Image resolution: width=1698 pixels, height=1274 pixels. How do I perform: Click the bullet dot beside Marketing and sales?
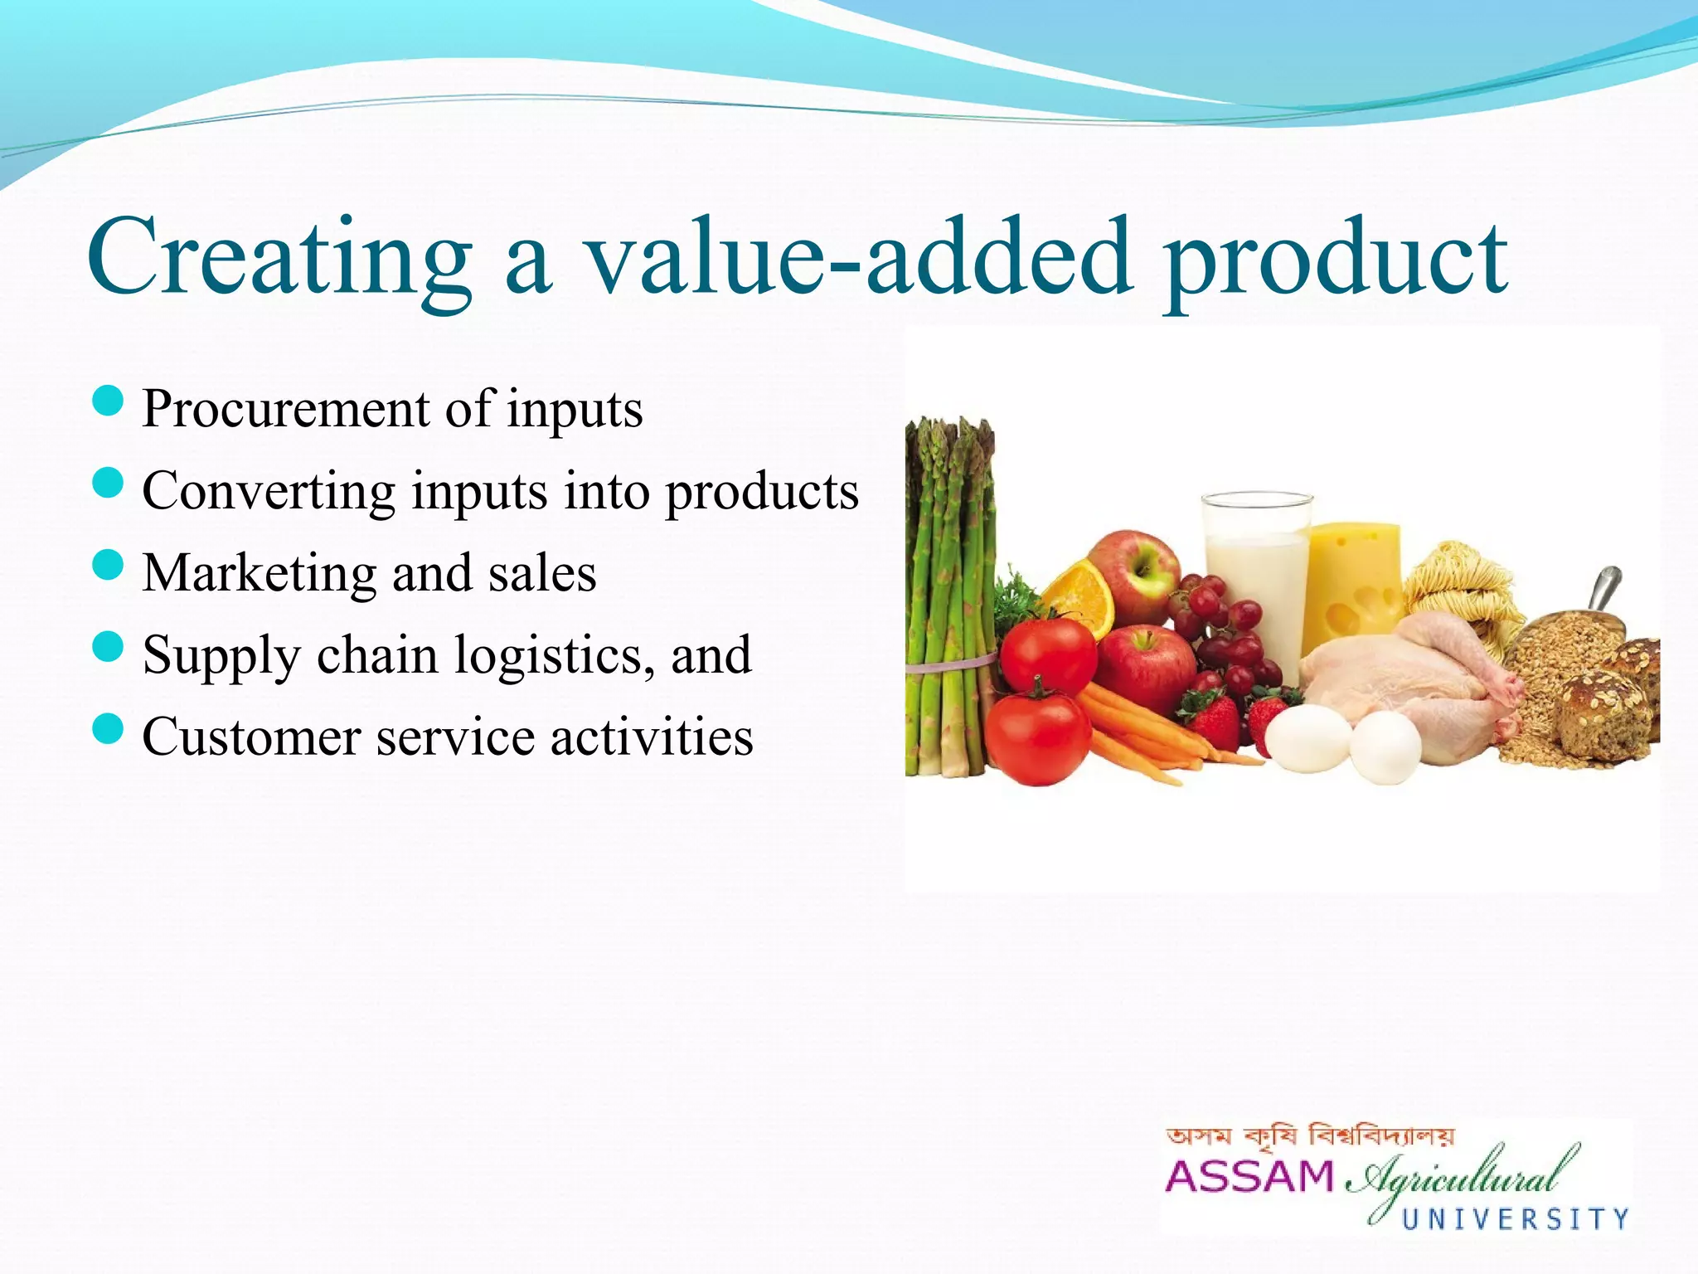(x=109, y=567)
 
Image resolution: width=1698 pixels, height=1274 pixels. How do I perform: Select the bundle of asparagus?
(x=948, y=597)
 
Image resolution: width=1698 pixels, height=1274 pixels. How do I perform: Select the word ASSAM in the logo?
(x=1249, y=1176)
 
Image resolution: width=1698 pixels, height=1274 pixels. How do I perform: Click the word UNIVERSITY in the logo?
(x=1515, y=1218)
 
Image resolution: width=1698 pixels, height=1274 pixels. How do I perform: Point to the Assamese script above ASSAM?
(x=1310, y=1136)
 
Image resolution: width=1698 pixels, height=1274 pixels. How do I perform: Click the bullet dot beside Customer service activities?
(x=109, y=731)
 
